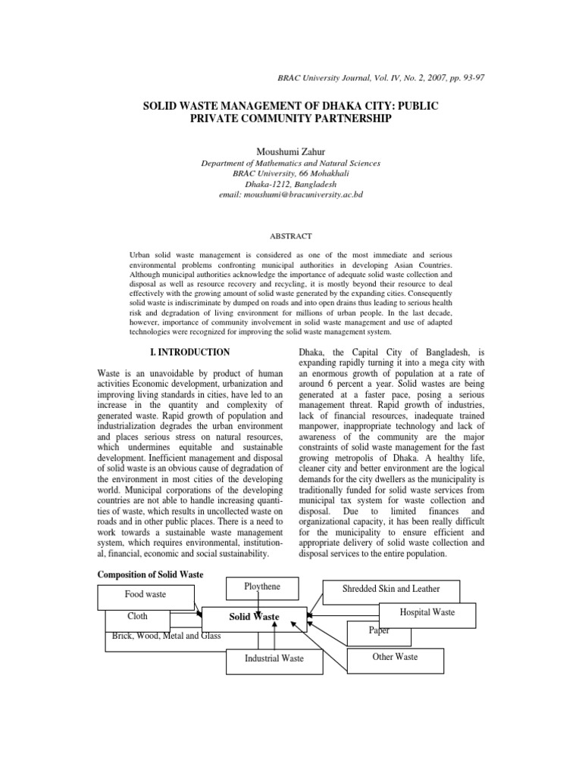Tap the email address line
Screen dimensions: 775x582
point(290,195)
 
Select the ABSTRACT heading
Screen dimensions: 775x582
point(290,235)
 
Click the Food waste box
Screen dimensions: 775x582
point(145,595)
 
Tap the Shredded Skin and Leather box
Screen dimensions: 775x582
point(390,589)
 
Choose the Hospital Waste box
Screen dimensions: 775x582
point(428,612)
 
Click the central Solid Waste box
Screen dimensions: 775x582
point(254,617)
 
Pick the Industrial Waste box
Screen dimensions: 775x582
point(274,658)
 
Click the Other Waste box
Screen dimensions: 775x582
point(395,657)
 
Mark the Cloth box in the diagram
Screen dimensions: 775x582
point(137,617)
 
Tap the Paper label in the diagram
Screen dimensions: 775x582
point(380,631)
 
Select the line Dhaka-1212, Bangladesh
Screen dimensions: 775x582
point(290,184)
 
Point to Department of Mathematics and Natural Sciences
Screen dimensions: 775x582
point(290,163)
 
